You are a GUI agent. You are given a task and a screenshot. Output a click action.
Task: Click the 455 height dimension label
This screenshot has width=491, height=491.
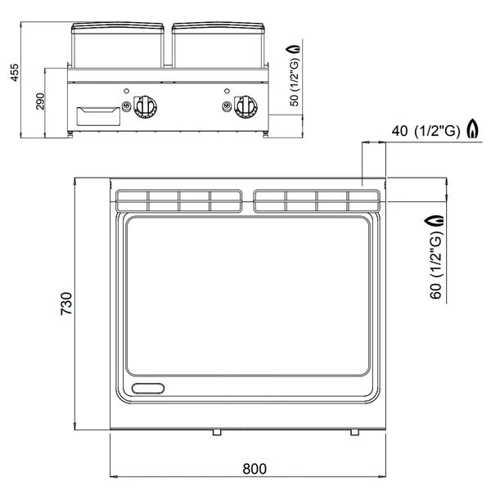click(x=15, y=73)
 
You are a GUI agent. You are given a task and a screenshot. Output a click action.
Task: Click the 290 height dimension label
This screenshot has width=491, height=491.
click(x=40, y=101)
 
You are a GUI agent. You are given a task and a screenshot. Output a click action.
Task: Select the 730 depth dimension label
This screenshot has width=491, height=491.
click(x=66, y=304)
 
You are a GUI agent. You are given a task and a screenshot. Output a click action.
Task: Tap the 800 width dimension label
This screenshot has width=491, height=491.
click(x=255, y=469)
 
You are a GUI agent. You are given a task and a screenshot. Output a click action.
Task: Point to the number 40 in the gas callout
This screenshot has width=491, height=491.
click(x=399, y=131)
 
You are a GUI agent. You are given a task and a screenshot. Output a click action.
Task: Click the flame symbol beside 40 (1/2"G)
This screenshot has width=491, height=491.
click(x=473, y=128)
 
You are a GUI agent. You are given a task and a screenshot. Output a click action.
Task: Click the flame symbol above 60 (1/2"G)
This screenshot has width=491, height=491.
click(x=435, y=220)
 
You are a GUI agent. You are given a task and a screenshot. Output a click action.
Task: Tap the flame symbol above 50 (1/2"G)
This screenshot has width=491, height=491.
click(x=294, y=49)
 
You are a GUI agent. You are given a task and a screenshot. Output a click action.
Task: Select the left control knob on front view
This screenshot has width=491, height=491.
click(x=146, y=106)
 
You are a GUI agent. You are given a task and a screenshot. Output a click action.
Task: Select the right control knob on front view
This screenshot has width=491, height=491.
click(x=246, y=106)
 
